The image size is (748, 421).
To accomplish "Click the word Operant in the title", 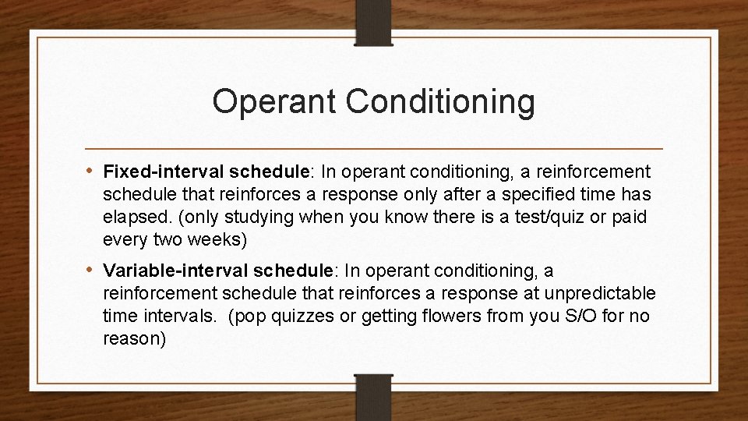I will [x=261, y=102].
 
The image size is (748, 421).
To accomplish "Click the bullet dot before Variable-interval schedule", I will [x=91, y=271].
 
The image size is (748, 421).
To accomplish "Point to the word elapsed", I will [x=129, y=217].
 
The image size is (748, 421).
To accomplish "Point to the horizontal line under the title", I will [x=374, y=148].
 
